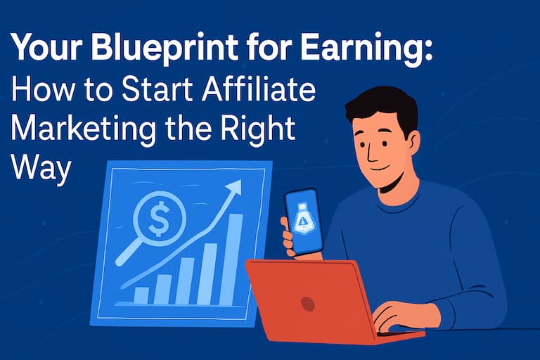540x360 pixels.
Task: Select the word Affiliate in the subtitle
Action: [259, 89]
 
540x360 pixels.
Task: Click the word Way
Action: [41, 169]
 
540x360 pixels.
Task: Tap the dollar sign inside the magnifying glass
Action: [159, 219]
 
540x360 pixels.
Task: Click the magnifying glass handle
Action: [129, 252]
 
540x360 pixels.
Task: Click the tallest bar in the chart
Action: [231, 259]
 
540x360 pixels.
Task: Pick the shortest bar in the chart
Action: [141, 296]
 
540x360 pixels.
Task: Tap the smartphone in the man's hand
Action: [303, 222]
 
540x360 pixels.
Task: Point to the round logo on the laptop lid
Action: [307, 304]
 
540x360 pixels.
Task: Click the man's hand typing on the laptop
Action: [398, 316]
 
